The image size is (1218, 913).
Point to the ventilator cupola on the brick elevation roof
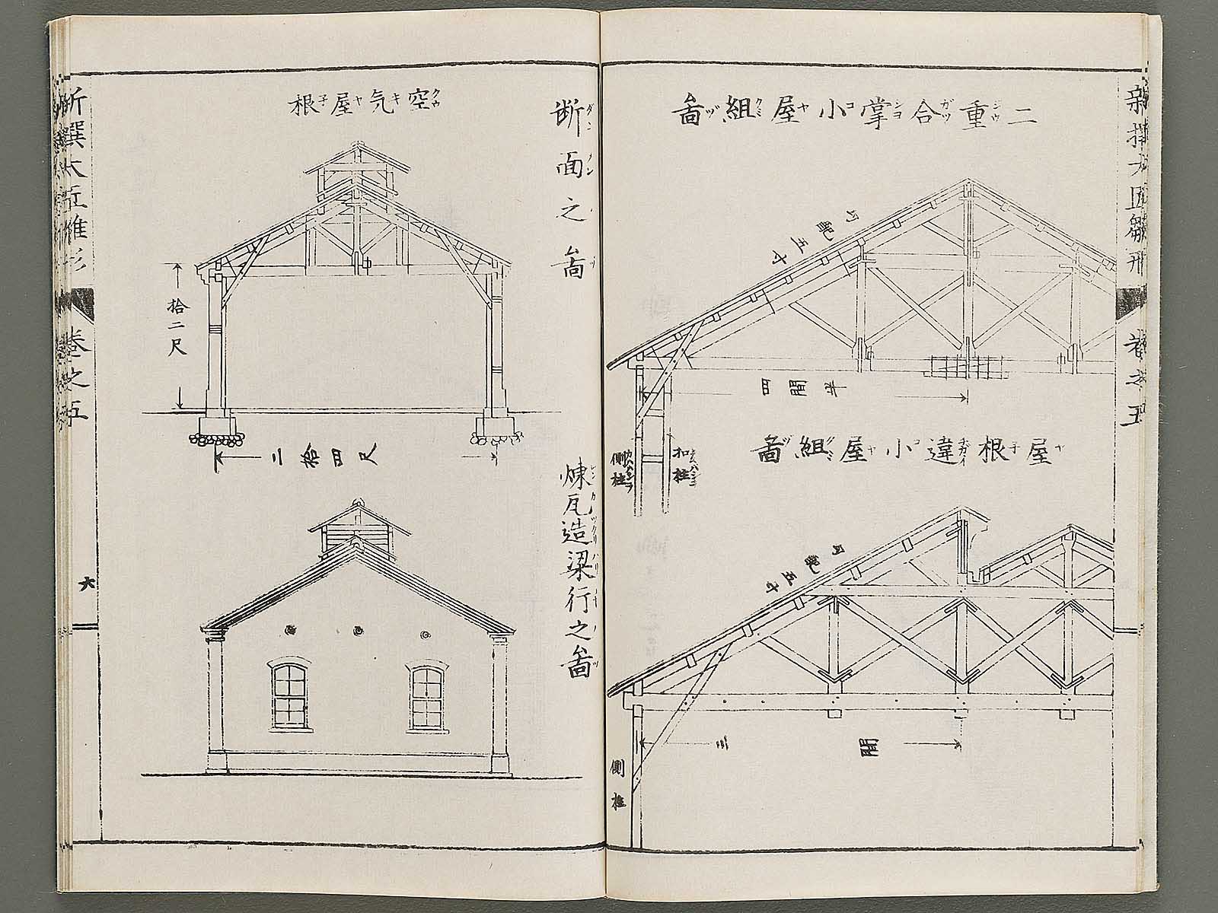point(356,530)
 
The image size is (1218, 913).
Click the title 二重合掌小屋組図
point(853,112)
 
